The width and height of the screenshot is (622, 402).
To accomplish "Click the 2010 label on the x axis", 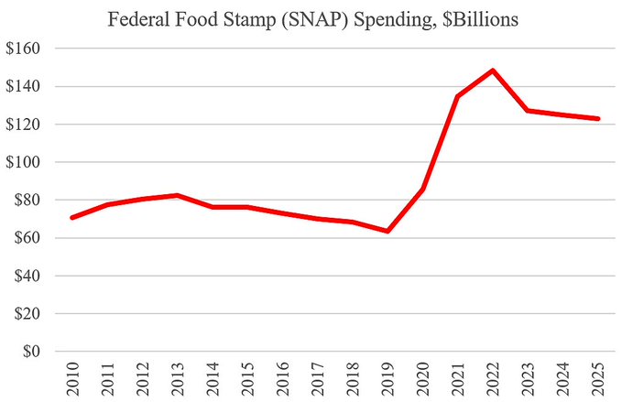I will pos(71,379).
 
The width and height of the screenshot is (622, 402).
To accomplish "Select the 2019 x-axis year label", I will pos(388,379).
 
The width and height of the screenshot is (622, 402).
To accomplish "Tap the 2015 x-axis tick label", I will pos(247,379).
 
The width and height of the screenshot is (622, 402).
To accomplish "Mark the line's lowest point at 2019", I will pos(388,231).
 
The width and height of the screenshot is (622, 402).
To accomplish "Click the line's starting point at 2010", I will pos(71,218).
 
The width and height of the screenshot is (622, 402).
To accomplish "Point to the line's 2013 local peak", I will pos(177,195).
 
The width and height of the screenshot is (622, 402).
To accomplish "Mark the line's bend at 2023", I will pos(529,111).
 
